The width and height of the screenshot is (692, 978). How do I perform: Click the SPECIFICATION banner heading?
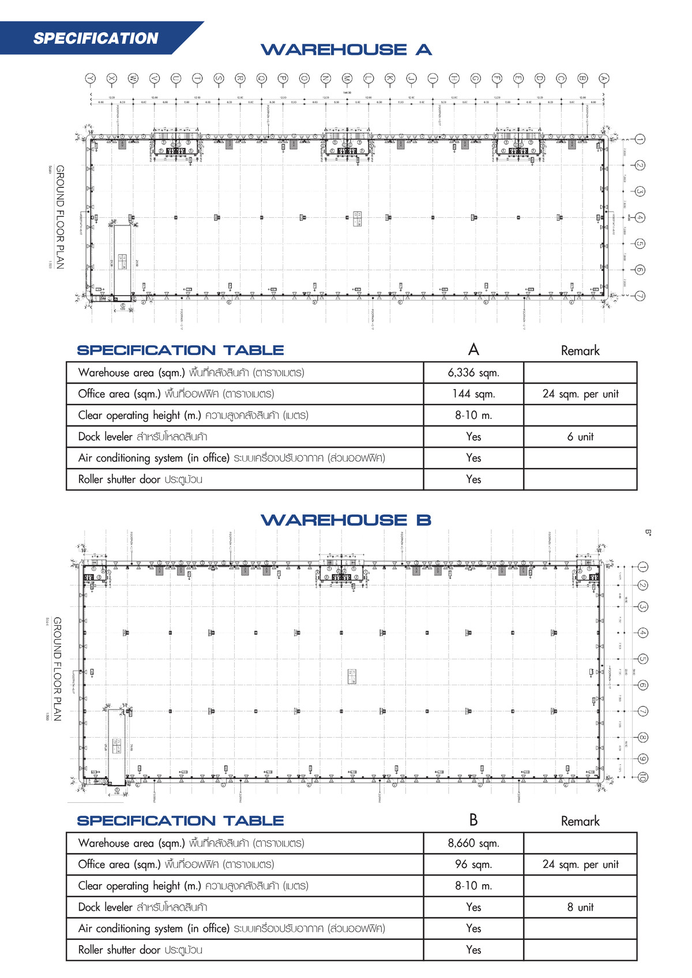(x=96, y=39)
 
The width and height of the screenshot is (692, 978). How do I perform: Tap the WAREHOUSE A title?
(x=346, y=50)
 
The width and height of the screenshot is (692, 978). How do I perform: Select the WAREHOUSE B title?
(x=346, y=520)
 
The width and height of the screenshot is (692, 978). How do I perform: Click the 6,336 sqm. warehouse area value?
(x=473, y=373)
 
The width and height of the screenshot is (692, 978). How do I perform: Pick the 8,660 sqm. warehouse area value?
(x=473, y=843)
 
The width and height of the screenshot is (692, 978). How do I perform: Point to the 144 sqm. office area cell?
(x=473, y=394)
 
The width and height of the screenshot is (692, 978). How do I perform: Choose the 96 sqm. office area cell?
(x=473, y=864)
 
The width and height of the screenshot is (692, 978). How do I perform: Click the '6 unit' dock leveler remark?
(x=580, y=437)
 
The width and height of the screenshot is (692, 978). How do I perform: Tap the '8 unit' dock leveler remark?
(x=580, y=907)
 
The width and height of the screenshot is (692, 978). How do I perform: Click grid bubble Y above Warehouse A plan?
(x=90, y=78)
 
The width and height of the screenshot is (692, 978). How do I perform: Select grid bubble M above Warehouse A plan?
(x=347, y=78)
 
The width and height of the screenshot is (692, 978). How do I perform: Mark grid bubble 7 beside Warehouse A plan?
(x=640, y=296)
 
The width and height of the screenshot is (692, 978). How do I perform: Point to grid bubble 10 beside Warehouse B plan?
(x=642, y=777)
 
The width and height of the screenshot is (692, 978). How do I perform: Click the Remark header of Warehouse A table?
(x=580, y=351)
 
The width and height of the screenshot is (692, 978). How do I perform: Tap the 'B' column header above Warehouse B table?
(x=473, y=820)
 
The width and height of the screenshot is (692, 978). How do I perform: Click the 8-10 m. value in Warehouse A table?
(x=473, y=416)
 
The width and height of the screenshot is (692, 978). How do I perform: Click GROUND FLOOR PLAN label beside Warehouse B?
(x=58, y=669)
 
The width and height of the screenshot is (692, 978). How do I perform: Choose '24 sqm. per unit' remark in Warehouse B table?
(x=580, y=864)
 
